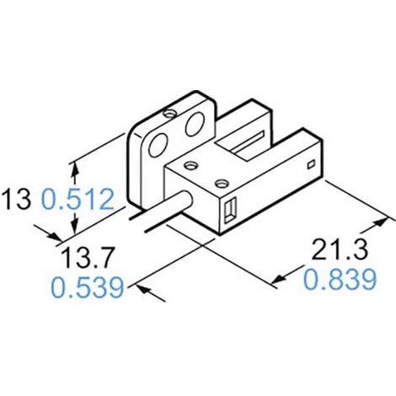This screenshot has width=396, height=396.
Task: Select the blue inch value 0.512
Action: point(78,199)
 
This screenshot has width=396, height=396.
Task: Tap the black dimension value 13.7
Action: point(88,257)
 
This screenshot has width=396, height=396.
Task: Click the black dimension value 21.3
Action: point(340,249)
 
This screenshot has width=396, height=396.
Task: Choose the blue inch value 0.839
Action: point(340,279)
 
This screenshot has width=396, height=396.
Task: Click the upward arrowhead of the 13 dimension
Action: point(74,169)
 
